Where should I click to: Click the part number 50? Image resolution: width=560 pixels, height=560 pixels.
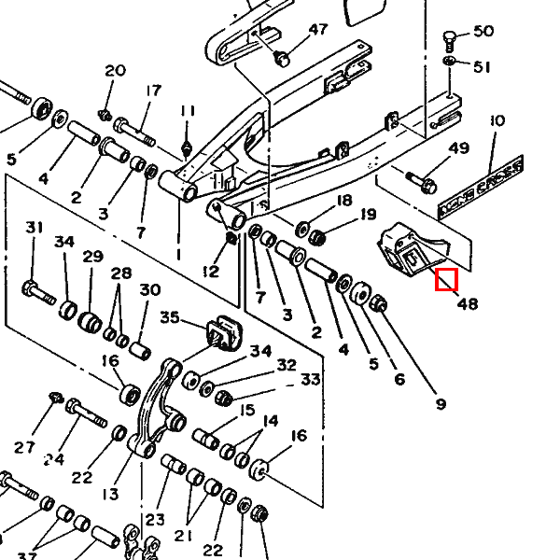[x=483, y=32]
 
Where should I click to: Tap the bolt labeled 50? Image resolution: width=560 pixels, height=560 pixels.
[x=450, y=40]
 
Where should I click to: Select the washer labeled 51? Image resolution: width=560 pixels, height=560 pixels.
[x=450, y=63]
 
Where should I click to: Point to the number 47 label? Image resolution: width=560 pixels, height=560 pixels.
[x=318, y=30]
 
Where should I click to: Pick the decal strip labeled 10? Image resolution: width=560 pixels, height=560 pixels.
[x=494, y=181]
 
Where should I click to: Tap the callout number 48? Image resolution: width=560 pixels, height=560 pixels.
[x=467, y=303]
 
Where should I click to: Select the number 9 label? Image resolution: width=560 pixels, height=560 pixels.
[x=441, y=404]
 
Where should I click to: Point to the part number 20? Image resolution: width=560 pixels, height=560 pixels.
[x=115, y=71]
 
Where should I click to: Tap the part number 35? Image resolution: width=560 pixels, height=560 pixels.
[x=170, y=317]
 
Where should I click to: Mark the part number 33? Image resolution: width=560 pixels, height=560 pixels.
[x=310, y=379]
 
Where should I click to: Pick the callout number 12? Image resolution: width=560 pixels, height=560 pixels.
[x=210, y=272]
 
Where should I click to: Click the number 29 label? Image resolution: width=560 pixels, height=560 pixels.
[x=92, y=256]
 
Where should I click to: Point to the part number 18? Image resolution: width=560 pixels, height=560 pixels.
[x=343, y=201]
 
